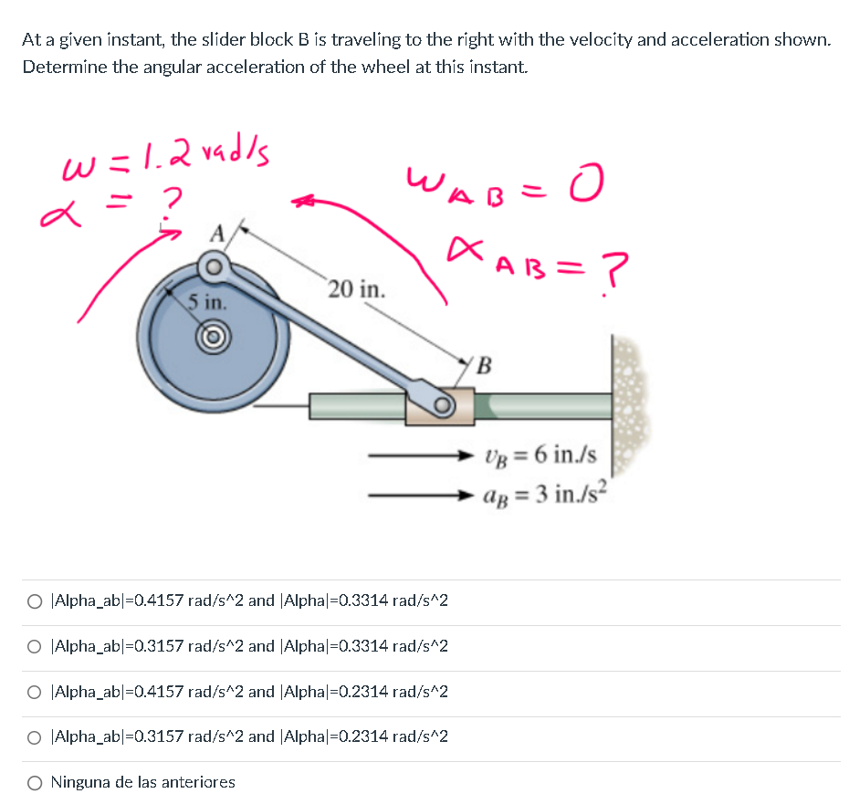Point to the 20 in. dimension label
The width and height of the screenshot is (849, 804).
[357, 290]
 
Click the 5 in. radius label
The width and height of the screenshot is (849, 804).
[203, 301]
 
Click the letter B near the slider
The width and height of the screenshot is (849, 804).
[484, 367]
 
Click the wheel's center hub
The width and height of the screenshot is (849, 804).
[215, 334]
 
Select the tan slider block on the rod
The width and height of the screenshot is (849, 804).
[440, 405]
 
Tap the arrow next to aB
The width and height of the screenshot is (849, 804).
[420, 496]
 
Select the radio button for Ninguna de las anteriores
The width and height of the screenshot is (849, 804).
[34, 782]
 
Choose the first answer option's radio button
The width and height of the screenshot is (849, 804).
[34, 601]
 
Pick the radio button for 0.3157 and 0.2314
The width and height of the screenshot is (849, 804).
[34, 736]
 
